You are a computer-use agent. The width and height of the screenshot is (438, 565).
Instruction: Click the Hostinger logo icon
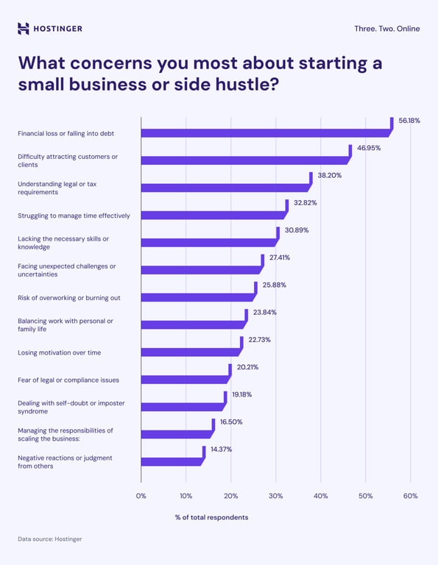pos(24,29)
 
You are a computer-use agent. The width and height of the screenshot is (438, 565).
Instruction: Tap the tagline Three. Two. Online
pos(386,29)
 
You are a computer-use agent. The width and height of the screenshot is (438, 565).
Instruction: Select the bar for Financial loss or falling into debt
pos(265,133)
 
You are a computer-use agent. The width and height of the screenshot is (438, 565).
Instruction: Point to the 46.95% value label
pos(369,148)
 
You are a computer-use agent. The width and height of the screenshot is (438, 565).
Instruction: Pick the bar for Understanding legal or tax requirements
pos(225,188)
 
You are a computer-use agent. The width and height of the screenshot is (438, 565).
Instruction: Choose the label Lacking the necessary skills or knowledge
pos(63,243)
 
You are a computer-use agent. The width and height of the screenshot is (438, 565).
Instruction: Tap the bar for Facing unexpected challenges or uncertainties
pos(200,269)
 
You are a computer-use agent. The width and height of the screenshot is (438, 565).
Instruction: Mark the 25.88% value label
pos(274,285)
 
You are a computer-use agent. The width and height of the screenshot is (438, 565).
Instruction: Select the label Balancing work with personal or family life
pos(66,324)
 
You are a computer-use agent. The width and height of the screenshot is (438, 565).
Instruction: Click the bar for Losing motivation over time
pos(190,352)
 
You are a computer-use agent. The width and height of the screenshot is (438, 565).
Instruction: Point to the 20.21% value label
pos(247,367)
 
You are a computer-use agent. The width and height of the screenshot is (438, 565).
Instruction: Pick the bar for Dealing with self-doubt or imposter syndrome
pos(182,406)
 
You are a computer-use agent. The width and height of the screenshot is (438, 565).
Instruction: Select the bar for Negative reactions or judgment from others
pos(171,461)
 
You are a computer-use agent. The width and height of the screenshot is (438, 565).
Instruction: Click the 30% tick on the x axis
pos(275,496)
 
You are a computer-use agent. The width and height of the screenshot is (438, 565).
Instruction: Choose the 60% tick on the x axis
pos(410,496)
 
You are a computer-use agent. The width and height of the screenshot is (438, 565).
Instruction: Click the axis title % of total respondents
pos(211,517)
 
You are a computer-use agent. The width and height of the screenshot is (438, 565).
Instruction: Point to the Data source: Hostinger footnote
pos(50,539)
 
